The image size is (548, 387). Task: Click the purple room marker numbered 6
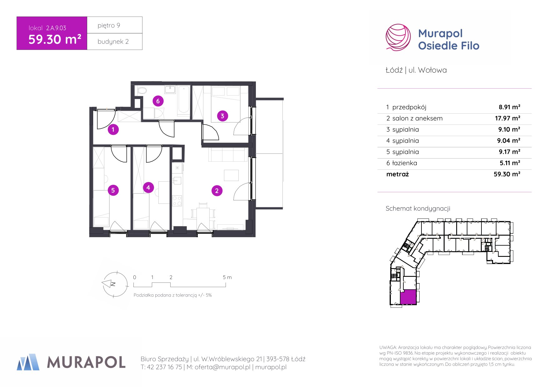pyautogui.click(x=158, y=101)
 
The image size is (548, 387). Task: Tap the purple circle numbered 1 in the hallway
pyautogui.click(x=113, y=129)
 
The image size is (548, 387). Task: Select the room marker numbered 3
pyautogui.click(x=222, y=116)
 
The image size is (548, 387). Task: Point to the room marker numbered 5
pyautogui.click(x=113, y=190)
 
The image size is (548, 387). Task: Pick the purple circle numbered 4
pyautogui.click(x=148, y=188)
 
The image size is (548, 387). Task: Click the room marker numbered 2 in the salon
pyautogui.click(x=217, y=191)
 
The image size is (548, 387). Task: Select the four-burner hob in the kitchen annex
pyautogui.click(x=177, y=201)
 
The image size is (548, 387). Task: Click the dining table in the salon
pyautogui.click(x=203, y=213)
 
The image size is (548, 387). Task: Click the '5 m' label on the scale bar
pyautogui.click(x=227, y=277)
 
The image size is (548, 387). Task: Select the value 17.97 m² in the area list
pyautogui.click(x=507, y=118)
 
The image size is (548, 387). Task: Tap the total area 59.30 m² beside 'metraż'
pyautogui.click(x=507, y=174)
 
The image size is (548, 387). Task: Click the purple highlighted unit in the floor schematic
pyautogui.click(x=408, y=297)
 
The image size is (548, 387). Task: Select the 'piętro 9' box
pyautogui.click(x=115, y=25)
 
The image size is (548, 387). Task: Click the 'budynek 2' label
pyautogui.click(x=113, y=42)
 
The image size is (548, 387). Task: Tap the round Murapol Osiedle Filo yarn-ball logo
pyautogui.click(x=398, y=37)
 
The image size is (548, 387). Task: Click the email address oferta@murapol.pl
pyautogui.click(x=222, y=367)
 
